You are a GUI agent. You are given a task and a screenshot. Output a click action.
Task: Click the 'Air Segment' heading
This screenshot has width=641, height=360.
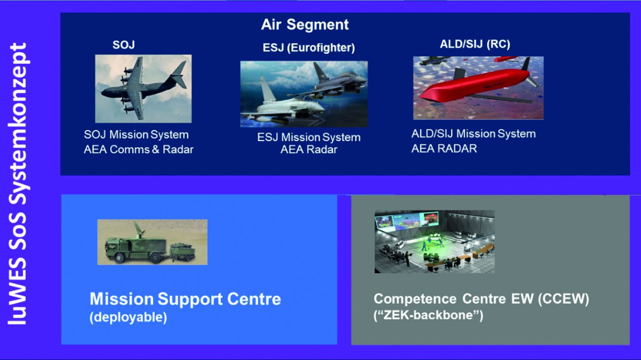point(305,25)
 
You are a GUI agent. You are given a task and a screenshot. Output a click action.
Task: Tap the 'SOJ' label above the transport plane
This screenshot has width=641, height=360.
point(124,45)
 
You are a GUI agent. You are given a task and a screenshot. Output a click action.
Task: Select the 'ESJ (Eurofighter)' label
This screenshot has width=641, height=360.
point(309,48)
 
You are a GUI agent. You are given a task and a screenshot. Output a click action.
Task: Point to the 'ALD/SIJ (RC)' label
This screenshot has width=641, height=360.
point(475,44)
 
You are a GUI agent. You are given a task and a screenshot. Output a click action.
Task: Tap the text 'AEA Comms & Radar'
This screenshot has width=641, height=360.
point(139,149)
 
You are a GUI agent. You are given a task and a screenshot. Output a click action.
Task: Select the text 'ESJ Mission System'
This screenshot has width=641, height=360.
point(309,138)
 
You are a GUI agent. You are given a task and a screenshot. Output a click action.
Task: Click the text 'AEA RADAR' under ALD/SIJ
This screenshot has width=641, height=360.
point(444,148)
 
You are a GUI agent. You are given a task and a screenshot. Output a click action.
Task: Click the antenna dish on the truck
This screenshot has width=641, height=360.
point(138,229)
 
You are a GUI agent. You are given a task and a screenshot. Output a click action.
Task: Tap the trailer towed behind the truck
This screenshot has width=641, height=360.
point(182,252)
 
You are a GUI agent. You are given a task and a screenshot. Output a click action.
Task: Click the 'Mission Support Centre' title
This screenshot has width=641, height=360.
point(185,299)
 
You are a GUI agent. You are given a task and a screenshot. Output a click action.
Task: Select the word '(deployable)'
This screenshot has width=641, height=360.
point(128,317)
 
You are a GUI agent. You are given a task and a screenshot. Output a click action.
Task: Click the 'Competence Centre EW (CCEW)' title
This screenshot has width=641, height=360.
point(481,299)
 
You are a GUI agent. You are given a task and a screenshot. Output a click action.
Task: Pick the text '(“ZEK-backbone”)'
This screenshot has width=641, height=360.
point(428,315)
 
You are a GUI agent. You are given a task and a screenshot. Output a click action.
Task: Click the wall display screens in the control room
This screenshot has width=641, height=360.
point(406,221)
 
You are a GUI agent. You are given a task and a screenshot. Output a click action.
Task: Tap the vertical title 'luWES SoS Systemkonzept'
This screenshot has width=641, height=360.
point(18,184)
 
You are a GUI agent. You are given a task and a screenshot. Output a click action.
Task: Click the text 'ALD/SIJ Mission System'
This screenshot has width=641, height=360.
point(473,134)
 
